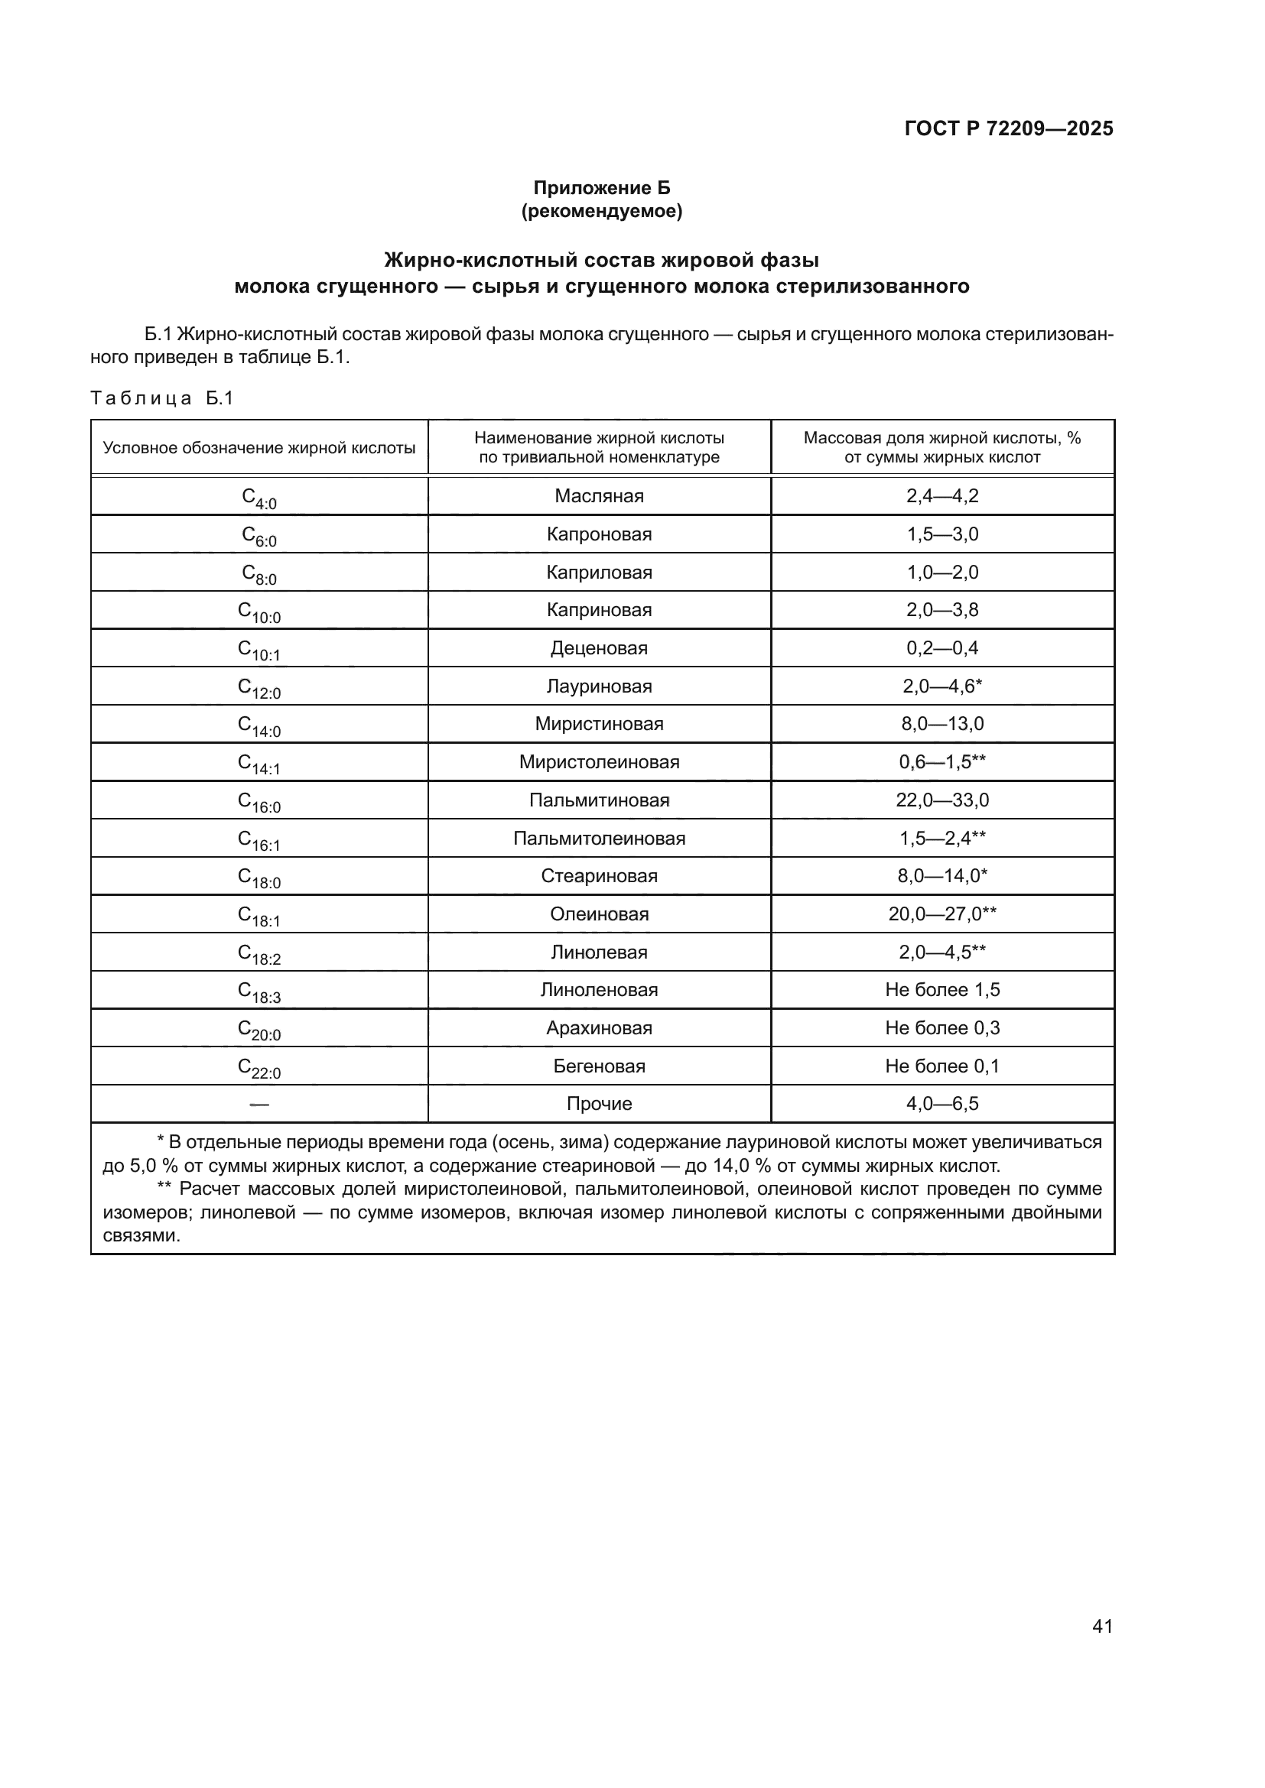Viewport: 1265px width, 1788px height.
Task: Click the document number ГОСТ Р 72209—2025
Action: [x=1008, y=128]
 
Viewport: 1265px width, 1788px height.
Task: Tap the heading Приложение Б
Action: [x=601, y=188]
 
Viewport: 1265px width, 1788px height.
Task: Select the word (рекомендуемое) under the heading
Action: [x=601, y=211]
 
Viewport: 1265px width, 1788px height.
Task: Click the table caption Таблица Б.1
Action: [x=162, y=399]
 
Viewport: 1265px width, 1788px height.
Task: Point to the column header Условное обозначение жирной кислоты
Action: [x=259, y=448]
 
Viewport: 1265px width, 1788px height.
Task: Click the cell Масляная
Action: [x=599, y=496]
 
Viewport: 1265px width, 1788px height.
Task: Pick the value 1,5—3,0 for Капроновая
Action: [x=941, y=534]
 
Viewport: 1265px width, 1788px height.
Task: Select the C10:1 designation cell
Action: [x=259, y=649]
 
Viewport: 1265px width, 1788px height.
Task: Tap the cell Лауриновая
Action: [x=599, y=686]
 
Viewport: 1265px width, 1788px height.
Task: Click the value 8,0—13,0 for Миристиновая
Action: [x=941, y=723]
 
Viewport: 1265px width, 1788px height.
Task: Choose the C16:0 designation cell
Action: [x=259, y=800]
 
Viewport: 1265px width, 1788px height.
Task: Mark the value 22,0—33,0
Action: [x=941, y=800]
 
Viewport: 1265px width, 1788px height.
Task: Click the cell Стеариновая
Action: [x=599, y=876]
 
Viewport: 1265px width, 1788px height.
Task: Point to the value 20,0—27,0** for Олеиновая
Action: [x=941, y=913]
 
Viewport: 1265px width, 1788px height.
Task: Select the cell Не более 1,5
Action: [x=941, y=990]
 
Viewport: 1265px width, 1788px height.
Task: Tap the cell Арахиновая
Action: [x=599, y=1028]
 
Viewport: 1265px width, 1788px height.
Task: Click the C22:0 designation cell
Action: [x=259, y=1067]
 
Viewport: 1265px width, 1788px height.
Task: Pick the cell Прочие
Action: [x=599, y=1104]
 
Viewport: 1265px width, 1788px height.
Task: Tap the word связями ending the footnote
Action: [x=141, y=1236]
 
